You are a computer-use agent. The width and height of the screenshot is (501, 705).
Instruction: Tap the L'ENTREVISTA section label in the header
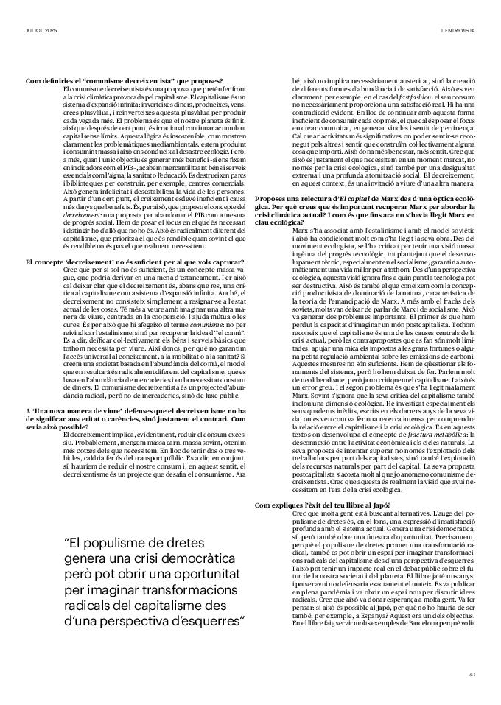(x=457, y=29)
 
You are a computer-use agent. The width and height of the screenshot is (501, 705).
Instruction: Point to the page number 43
(x=472, y=673)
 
